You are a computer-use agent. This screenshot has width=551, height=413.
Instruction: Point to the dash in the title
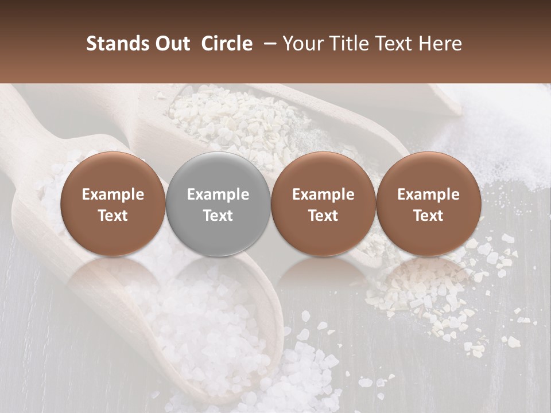click(267, 44)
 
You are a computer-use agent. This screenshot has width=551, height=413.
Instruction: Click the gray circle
click(218, 204)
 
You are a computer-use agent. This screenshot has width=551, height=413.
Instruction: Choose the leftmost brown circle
click(112, 204)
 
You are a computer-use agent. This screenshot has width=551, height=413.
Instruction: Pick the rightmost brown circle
click(428, 204)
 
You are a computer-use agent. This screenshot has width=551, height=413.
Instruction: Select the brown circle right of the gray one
click(323, 204)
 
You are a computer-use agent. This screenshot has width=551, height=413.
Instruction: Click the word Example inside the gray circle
click(218, 194)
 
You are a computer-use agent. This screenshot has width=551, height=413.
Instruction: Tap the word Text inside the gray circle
click(218, 216)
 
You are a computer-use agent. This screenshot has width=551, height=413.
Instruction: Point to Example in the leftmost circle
click(112, 194)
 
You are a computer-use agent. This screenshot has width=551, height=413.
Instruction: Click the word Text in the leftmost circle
click(112, 216)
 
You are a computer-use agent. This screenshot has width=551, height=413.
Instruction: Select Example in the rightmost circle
click(428, 194)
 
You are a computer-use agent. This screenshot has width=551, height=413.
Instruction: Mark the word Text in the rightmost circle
click(428, 216)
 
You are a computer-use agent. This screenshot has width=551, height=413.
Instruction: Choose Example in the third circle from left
click(323, 194)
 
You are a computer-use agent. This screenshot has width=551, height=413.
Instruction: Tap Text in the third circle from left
click(323, 216)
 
